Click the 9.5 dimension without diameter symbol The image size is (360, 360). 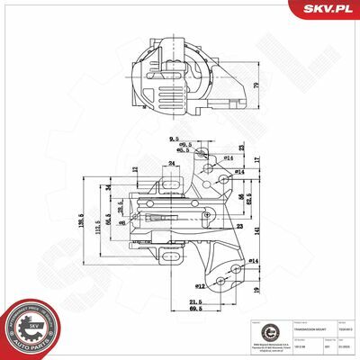click(x=173, y=139)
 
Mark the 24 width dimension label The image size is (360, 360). click(x=171, y=163)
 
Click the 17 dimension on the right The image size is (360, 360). click(x=256, y=159)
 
